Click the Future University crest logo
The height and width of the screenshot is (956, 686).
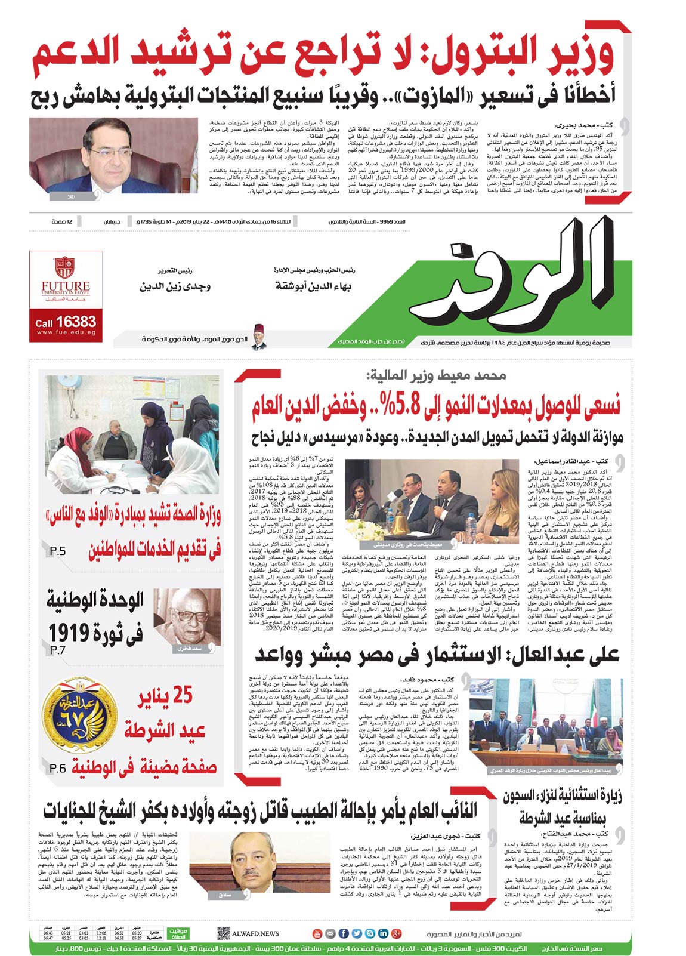pos(64,267)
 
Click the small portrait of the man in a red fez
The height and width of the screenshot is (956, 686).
pos(258,337)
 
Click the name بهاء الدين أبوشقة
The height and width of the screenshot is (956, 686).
pos(313,286)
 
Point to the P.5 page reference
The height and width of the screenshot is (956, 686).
pos(58,551)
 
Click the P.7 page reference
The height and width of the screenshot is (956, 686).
pos(58,650)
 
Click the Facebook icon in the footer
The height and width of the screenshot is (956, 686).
pos(344,933)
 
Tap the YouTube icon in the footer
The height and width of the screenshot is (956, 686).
pos(317,933)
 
